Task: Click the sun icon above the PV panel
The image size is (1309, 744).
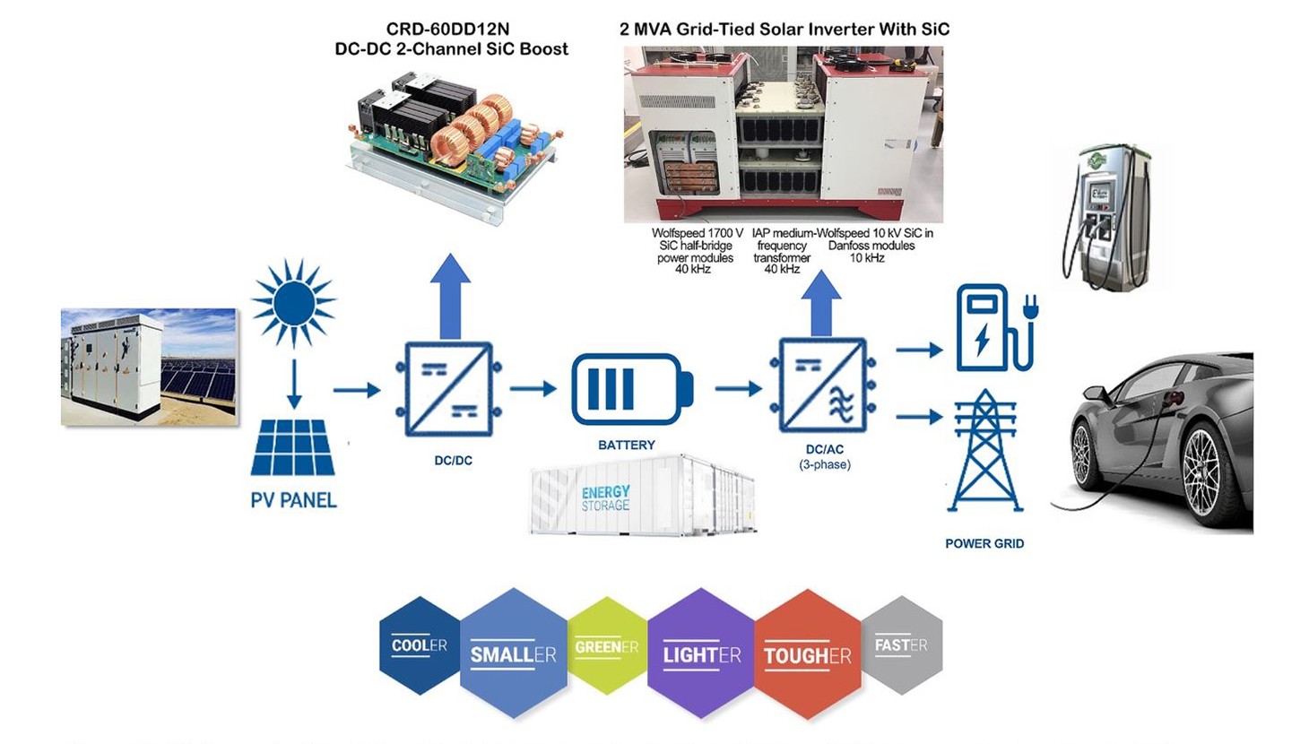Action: tap(293, 303)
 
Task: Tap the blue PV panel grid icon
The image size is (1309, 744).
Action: tap(292, 447)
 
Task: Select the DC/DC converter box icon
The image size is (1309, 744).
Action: tap(447, 389)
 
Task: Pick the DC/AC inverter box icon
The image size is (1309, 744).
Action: tap(823, 385)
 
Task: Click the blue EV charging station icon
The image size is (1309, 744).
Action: tap(994, 327)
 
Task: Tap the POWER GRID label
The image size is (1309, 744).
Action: tap(984, 543)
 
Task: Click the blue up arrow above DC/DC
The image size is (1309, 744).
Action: tap(449, 295)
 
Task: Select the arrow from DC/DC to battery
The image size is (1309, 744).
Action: tap(533, 389)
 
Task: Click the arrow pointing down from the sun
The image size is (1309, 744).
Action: tap(293, 384)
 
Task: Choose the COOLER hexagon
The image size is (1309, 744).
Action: tap(419, 645)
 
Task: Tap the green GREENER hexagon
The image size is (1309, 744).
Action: tap(607, 646)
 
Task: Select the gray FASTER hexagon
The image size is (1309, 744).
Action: tap(901, 645)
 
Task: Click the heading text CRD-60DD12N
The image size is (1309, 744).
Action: tap(447, 30)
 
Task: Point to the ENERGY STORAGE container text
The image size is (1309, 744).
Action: tap(606, 498)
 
